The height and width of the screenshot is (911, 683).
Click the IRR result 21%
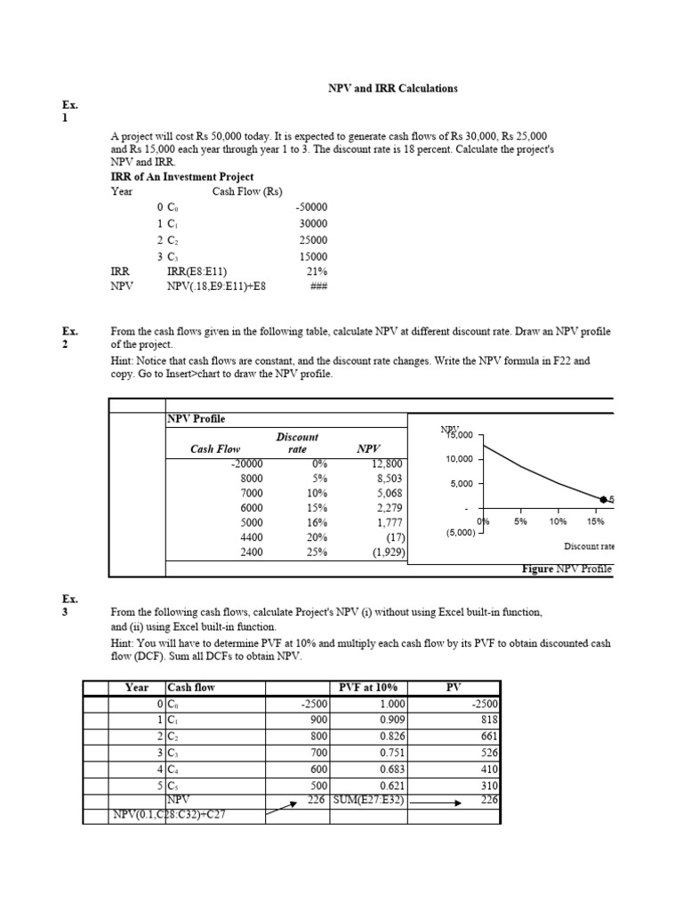pos(317,271)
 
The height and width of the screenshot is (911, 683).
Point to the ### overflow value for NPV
pos(318,287)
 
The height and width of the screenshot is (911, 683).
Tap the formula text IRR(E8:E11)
pos(197,271)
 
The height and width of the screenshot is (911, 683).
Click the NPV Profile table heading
pos(197,418)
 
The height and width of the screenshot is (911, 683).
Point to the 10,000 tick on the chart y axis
pos(460,459)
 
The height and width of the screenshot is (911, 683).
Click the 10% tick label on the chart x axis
pos(558,521)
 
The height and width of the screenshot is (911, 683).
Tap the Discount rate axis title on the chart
pos(589,546)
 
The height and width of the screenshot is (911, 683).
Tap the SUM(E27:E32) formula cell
pos(368,800)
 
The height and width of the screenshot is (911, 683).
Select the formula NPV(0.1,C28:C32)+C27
pos(168,815)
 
